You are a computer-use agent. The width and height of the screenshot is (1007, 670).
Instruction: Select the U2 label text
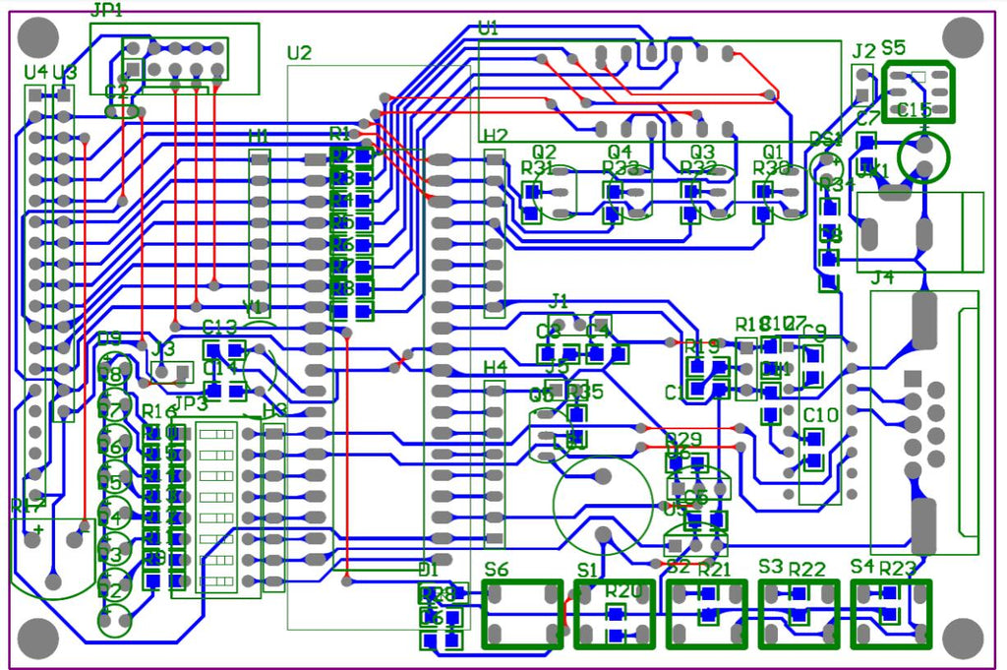tap(299, 53)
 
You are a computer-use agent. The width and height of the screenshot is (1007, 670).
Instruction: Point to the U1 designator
tap(488, 29)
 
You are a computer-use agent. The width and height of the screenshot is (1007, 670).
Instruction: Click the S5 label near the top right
tap(894, 47)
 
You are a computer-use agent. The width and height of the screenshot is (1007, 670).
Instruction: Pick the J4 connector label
tap(882, 277)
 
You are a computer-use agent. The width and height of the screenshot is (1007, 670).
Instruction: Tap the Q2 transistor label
tap(544, 152)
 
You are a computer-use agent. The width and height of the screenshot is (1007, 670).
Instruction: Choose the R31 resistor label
tap(537, 168)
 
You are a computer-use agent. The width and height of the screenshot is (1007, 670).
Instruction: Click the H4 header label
tap(496, 367)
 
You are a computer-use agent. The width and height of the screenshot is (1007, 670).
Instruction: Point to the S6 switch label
tap(497, 569)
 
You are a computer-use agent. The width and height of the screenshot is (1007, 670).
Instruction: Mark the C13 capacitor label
tap(219, 328)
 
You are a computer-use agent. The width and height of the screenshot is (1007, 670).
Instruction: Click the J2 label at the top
tap(863, 50)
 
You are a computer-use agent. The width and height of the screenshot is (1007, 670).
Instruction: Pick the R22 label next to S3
tap(806, 570)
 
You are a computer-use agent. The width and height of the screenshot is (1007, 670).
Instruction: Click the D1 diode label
tap(428, 570)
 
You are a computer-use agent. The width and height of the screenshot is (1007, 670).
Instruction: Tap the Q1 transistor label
tap(775, 152)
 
